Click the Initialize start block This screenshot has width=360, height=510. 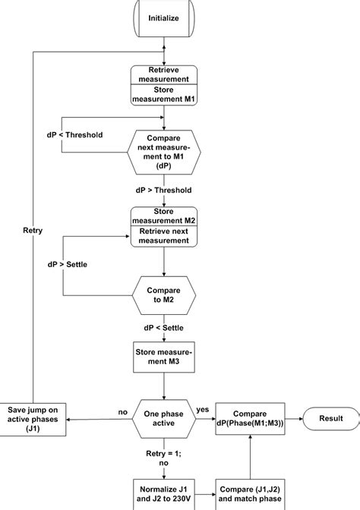[164, 19]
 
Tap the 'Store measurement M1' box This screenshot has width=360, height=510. [164, 95]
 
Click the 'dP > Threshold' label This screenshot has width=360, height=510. [164, 190]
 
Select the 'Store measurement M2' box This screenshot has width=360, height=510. [164, 216]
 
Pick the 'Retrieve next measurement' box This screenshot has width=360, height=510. [164, 235]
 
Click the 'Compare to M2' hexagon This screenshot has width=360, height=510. [164, 294]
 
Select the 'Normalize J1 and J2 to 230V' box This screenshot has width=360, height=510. [164, 491]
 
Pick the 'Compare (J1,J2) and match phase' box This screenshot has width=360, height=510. [250, 491]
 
